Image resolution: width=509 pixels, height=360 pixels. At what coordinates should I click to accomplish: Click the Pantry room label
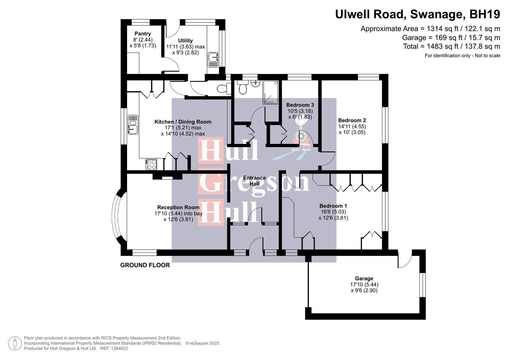pyautogui.click(x=143, y=34)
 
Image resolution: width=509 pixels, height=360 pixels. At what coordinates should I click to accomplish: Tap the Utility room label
pyautogui.click(x=185, y=41)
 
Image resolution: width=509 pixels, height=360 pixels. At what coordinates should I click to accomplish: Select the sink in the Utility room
pyautogui.click(x=213, y=60)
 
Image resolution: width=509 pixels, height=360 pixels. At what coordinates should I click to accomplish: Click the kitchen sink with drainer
pyautogui.click(x=133, y=125)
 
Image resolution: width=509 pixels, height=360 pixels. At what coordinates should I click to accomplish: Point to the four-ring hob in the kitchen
pyautogui.click(x=151, y=165)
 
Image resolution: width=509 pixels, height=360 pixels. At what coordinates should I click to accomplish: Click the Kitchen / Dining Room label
pyautogui.click(x=183, y=122)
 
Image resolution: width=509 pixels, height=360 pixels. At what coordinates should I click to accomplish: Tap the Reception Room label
pyautogui.click(x=178, y=207)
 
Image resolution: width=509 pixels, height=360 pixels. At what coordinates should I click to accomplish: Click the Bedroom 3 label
pyautogui.click(x=300, y=105)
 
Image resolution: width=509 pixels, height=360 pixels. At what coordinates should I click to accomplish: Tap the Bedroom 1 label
pyautogui.click(x=333, y=206)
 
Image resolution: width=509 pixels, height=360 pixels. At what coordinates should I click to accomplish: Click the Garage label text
pyautogui.click(x=364, y=278)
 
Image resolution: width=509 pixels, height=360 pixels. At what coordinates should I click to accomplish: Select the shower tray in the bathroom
pyautogui.click(x=272, y=92)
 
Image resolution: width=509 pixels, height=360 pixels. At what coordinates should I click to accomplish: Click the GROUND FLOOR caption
pyautogui.click(x=145, y=265)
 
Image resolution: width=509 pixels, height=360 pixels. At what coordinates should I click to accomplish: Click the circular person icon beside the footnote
pyautogui.click(x=15, y=343)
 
